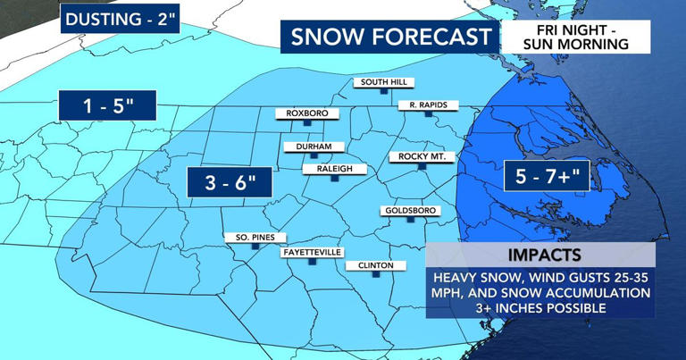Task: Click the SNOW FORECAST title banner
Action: pyautogui.click(x=390, y=37)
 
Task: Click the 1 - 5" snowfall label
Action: pyautogui.click(x=106, y=105)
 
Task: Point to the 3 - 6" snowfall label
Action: pyautogui.click(x=229, y=182)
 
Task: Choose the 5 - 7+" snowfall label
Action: pyautogui.click(x=547, y=176)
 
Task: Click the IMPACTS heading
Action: pyautogui.click(x=540, y=254)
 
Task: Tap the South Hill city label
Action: pyautogui.click(x=385, y=83)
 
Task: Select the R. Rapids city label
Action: pyautogui.click(x=428, y=105)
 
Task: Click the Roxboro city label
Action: pyautogui.click(x=307, y=113)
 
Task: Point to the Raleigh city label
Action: pyautogui.click(x=333, y=168)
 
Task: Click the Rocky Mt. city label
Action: pyautogui.click(x=422, y=157)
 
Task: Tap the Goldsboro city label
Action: pyautogui.click(x=409, y=211)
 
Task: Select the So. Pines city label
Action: pyautogui.click(x=255, y=238)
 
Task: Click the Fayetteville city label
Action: pyautogui.click(x=312, y=253)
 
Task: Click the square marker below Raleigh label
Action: pyautogui.click(x=333, y=179)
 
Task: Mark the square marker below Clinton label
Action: pyautogui.click(x=375, y=276)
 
